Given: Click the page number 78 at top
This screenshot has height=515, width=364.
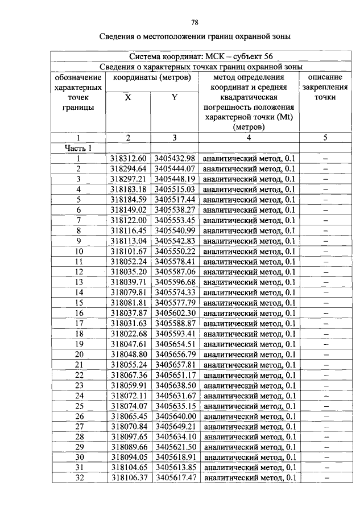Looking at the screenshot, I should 195,23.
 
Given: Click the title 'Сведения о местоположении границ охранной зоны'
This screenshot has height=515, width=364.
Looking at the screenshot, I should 195,38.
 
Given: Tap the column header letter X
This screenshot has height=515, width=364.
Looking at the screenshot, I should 128,97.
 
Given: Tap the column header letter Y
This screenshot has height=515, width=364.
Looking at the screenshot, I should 175,97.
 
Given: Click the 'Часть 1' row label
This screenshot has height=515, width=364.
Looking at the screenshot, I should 78,148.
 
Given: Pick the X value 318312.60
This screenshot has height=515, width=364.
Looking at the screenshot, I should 129,158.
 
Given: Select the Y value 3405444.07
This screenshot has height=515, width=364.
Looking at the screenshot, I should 175,168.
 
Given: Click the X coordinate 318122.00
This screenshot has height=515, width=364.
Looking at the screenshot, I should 129,220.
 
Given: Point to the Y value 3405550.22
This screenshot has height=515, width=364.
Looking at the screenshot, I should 175,251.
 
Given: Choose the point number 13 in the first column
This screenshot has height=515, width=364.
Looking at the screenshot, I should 78,282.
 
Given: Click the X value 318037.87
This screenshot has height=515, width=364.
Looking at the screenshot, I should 129,313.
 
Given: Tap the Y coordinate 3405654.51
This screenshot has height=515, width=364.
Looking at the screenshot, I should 175,344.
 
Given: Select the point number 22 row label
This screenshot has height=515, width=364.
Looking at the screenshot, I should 78,375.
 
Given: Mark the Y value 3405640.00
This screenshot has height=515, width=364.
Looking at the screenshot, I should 175,416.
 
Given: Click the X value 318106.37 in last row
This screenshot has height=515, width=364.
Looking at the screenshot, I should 129,478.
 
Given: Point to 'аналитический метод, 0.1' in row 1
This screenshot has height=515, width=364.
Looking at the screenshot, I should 249,159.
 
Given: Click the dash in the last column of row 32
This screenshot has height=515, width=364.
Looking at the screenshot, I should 326,478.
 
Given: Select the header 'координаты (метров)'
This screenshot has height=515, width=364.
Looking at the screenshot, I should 151,77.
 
